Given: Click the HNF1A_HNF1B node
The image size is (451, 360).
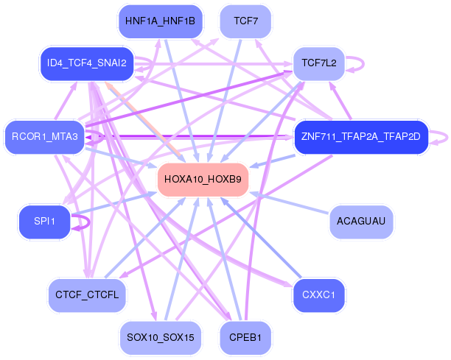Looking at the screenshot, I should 160,21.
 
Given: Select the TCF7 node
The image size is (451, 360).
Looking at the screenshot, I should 245,21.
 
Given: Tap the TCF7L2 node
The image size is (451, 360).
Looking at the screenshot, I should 319,63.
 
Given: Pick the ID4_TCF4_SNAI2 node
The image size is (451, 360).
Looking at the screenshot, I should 86,63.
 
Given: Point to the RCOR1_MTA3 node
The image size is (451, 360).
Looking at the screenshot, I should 44,136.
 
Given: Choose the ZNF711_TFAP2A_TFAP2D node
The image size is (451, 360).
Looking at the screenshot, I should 360,136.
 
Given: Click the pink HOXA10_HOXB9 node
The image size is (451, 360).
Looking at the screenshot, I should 203,179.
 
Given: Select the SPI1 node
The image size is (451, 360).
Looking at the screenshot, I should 44,221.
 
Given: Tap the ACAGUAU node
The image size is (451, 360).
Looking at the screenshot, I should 360,221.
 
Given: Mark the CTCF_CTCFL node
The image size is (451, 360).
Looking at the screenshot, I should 87,294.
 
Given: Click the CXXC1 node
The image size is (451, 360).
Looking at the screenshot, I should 319,294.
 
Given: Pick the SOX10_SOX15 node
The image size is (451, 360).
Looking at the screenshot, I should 160,337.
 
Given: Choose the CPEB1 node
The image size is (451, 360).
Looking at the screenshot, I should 245,337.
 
